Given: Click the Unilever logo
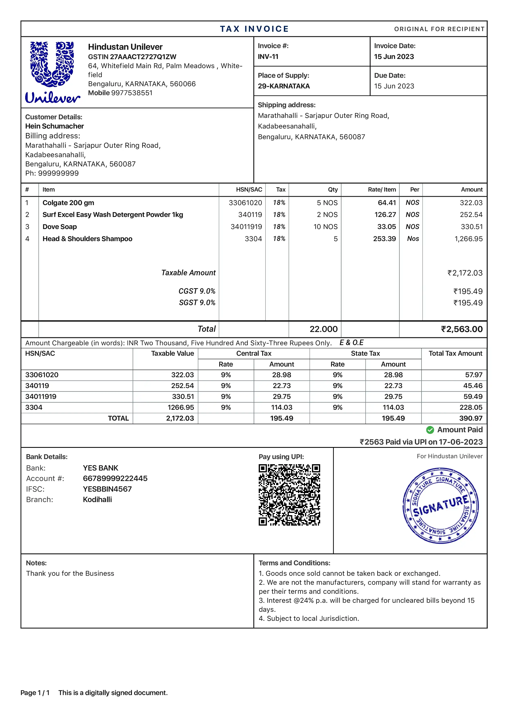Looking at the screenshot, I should pyautogui.click(x=52, y=72).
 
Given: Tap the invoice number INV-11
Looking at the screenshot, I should pyautogui.click(x=268, y=57).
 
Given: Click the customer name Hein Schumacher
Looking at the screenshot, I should pyautogui.click(x=54, y=126).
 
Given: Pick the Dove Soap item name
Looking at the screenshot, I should pyautogui.click(x=59, y=227).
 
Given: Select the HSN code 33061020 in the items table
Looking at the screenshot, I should pyautogui.click(x=245, y=203).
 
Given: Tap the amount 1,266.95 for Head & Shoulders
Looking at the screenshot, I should pyautogui.click(x=468, y=239).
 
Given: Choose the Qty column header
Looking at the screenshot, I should pyautogui.click(x=333, y=190).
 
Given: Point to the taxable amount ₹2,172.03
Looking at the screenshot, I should pyautogui.click(x=465, y=273).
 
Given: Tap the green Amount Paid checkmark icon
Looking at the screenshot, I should pyautogui.click(x=430, y=430).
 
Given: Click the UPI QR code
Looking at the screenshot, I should pyautogui.click(x=289, y=495).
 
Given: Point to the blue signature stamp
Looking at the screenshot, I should pyautogui.click(x=440, y=506).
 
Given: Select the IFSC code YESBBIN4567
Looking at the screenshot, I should pyautogui.click(x=107, y=489).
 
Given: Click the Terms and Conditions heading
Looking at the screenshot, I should pyautogui.click(x=294, y=563).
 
